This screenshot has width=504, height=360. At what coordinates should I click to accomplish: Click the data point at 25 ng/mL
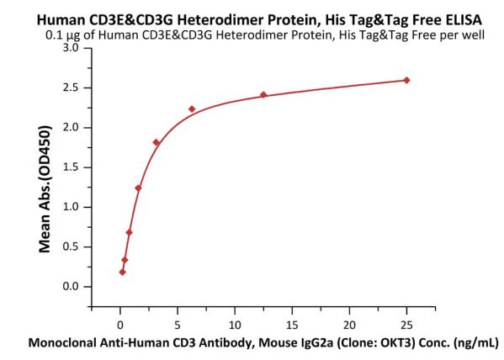click(x=406, y=80)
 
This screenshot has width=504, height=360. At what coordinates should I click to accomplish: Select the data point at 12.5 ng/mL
click(x=263, y=95)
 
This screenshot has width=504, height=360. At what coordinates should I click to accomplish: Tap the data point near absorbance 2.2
click(x=192, y=109)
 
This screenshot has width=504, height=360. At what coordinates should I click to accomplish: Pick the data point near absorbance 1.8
click(x=157, y=142)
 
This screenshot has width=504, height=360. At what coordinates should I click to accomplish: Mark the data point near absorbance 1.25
click(x=138, y=188)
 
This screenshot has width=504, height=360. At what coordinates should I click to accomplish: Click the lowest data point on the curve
click(x=123, y=273)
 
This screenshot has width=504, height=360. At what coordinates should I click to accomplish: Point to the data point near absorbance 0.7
click(x=130, y=232)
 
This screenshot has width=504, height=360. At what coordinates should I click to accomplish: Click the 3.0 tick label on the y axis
click(x=71, y=48)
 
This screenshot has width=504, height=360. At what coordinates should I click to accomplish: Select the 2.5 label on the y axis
click(x=71, y=87)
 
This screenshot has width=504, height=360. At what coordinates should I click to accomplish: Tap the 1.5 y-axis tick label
click(x=71, y=167)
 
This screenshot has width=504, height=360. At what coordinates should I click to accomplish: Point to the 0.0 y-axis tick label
click(x=71, y=286)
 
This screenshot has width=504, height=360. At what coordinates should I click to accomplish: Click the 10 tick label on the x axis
click(x=235, y=326)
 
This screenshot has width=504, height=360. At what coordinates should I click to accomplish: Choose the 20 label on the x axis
click(x=349, y=326)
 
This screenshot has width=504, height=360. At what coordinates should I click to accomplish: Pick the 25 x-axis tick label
click(x=406, y=326)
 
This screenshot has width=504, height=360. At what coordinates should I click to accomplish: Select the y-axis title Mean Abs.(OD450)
click(x=45, y=189)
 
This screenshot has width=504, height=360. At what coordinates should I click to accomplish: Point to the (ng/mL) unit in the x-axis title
click(x=476, y=343)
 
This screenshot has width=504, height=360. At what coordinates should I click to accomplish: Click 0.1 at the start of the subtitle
click(x=53, y=34)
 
